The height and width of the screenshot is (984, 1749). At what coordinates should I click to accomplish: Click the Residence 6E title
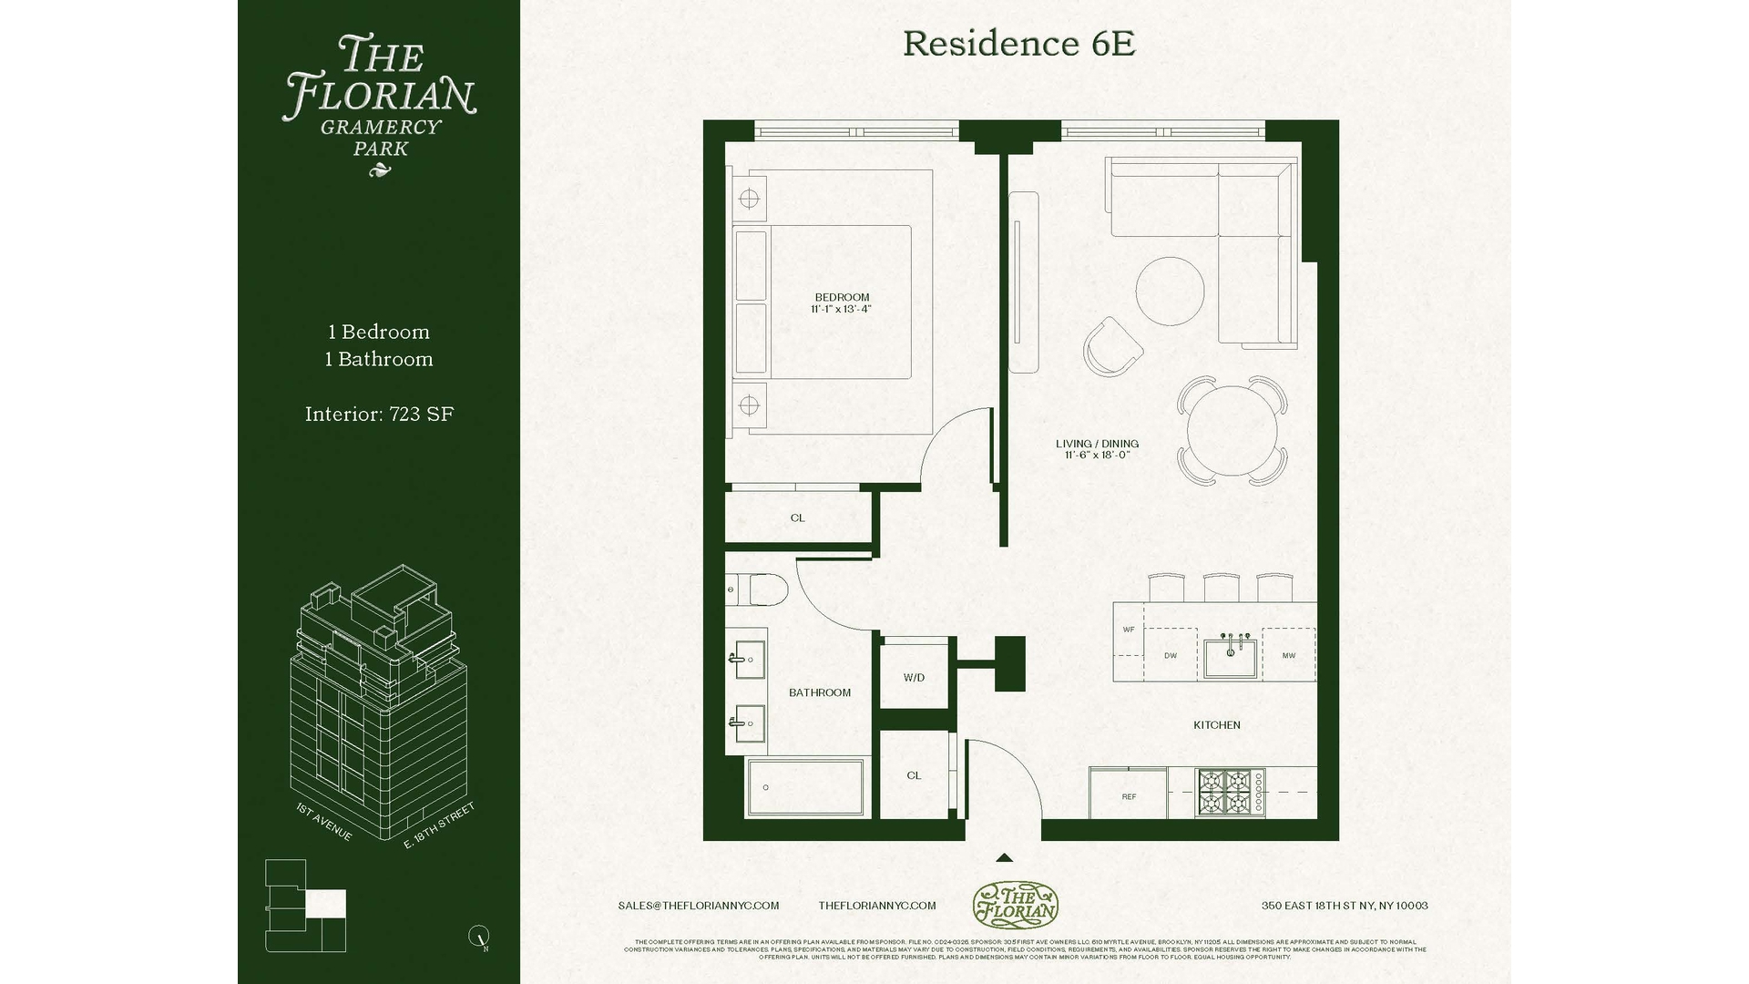click(1018, 44)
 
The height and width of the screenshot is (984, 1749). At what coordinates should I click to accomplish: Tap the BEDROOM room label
click(842, 298)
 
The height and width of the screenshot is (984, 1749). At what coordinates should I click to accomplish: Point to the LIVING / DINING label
click(1097, 445)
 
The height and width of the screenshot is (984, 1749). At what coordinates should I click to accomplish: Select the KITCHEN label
click(1217, 725)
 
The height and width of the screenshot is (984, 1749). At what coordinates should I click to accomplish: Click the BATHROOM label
click(820, 692)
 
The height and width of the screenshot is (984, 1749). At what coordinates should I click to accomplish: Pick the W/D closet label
click(914, 678)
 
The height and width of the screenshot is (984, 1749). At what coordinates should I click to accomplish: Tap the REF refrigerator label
click(1129, 797)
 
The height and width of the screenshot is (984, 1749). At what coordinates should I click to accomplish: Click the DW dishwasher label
click(1171, 656)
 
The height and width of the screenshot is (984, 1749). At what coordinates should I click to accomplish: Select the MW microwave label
click(1289, 656)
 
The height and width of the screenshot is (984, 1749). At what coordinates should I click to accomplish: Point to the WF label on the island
click(1129, 630)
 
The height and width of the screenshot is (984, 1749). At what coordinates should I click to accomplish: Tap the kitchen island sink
click(1230, 658)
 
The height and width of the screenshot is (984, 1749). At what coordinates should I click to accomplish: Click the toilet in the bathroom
click(758, 590)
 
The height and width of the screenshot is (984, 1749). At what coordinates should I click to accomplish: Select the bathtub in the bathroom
click(805, 787)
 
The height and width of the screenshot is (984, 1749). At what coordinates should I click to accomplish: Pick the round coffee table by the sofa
click(1170, 291)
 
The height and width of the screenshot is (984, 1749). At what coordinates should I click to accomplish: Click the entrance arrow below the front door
click(1004, 857)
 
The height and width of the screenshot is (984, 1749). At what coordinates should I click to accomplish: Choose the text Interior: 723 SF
click(379, 415)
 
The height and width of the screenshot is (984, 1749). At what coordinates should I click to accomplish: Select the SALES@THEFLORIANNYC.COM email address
click(698, 906)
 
